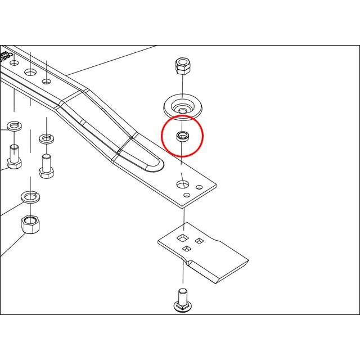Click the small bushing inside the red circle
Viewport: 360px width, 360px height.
[182, 136]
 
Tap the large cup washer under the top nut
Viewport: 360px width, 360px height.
[183, 105]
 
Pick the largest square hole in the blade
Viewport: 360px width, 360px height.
[183, 238]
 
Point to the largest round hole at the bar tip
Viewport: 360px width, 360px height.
[183, 184]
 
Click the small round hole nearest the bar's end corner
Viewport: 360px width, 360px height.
[199, 187]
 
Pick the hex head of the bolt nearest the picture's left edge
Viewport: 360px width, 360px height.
[13, 163]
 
